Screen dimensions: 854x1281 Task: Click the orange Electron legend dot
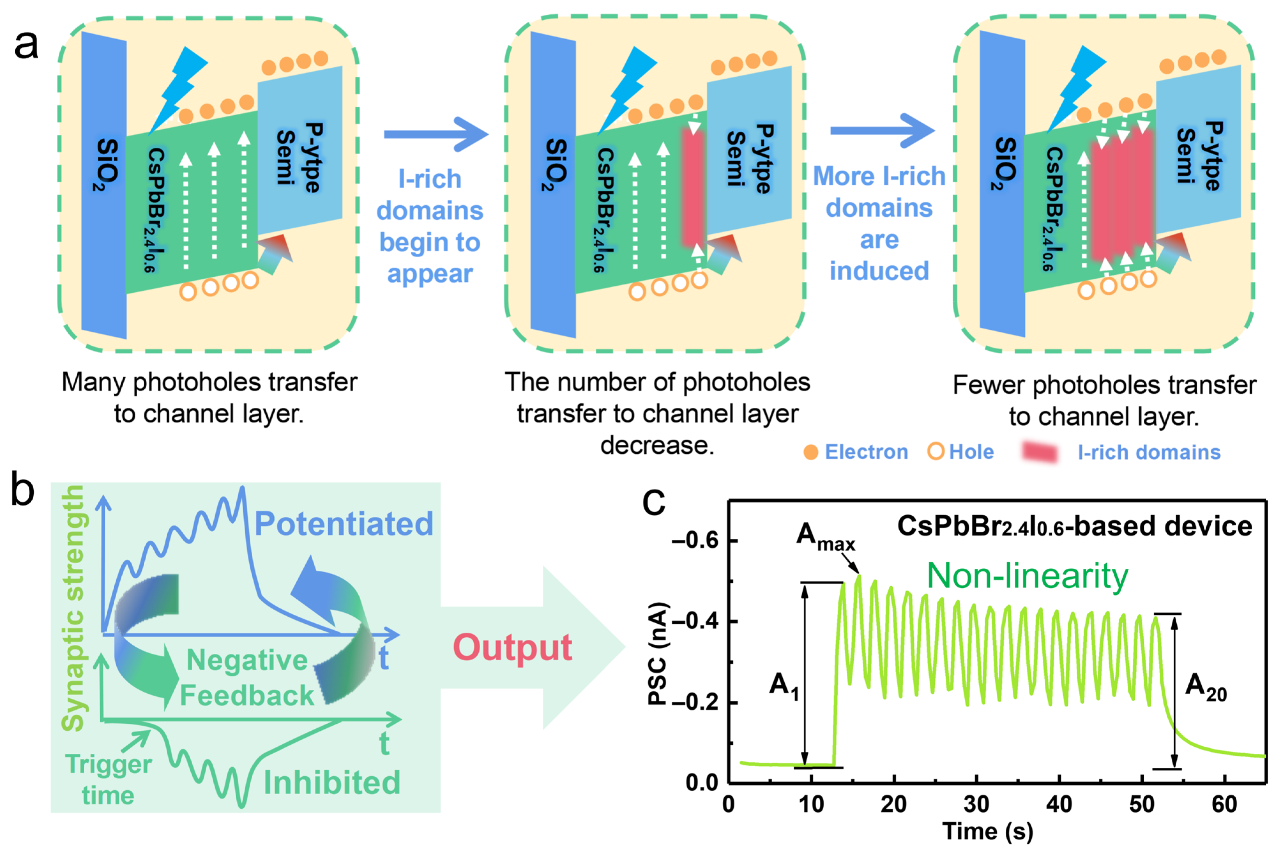point(811,452)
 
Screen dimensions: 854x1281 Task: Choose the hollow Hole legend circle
point(935,451)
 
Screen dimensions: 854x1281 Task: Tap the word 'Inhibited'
point(332,783)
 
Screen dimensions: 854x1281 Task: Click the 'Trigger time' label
point(108,780)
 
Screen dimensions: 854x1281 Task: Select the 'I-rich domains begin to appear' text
point(430,226)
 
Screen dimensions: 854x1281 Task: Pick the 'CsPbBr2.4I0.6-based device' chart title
point(1074,527)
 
